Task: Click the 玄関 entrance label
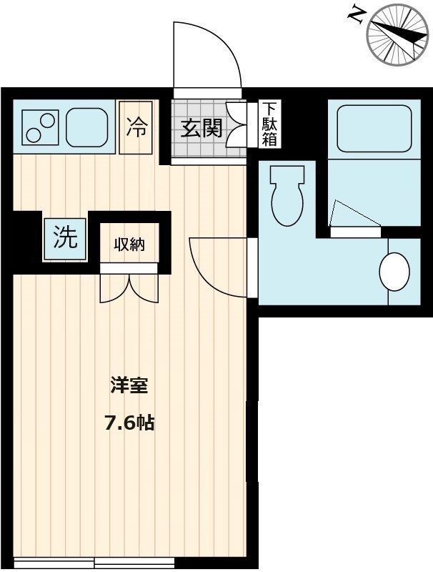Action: [x=201, y=129]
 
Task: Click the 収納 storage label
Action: [x=130, y=244]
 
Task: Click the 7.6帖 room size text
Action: [x=129, y=423]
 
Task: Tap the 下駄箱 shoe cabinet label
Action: [x=269, y=124]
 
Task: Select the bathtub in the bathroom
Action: [x=374, y=129]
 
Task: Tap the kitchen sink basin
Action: [x=89, y=128]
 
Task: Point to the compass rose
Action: [x=392, y=33]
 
